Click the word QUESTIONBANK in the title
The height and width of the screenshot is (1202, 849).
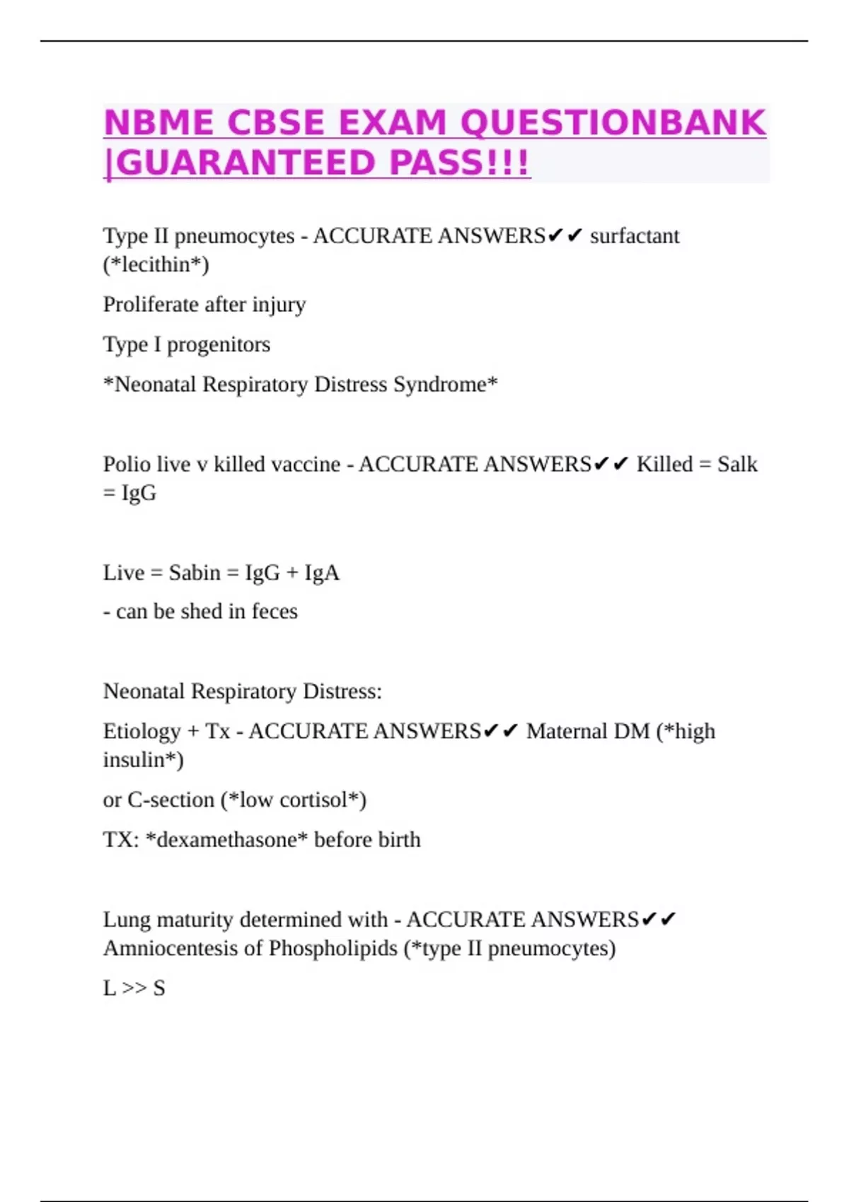pos(613,123)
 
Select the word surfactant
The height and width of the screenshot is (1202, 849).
pos(635,235)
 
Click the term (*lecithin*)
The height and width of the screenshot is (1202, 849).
pos(156,264)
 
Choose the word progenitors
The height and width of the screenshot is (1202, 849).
pos(219,344)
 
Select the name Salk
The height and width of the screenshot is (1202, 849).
pos(737,465)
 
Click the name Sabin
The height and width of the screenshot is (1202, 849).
pos(195,572)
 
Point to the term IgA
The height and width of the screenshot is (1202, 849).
pos(322,572)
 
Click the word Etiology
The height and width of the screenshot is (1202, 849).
pos(142,731)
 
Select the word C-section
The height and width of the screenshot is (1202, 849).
pos(171,800)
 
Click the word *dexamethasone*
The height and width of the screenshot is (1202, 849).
pos(226,840)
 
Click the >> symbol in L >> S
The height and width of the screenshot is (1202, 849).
pos(134,988)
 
